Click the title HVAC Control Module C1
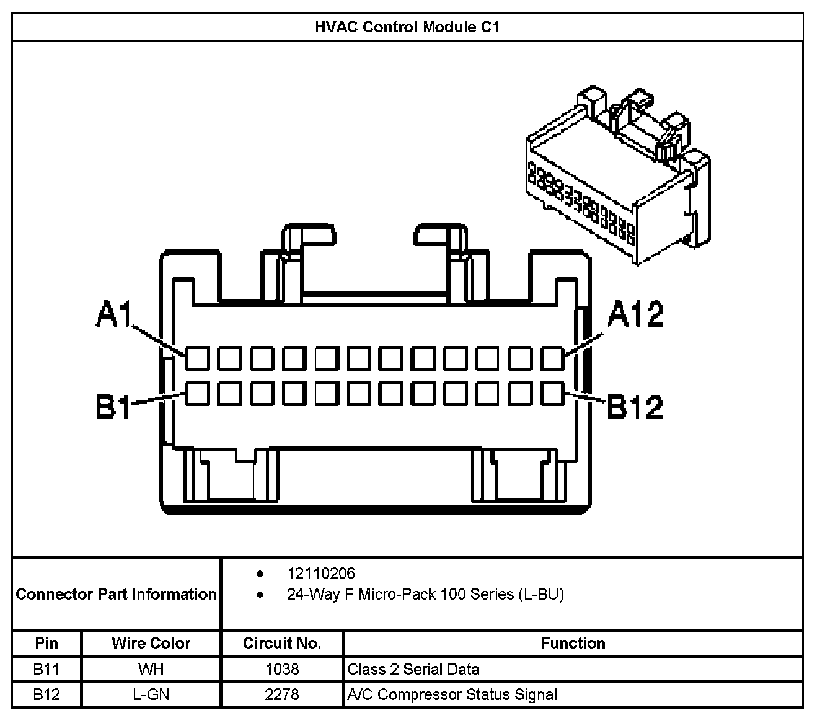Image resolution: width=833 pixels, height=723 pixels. click(x=407, y=27)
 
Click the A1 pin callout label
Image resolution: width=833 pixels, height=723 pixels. click(x=115, y=314)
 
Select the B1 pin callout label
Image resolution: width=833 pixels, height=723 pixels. click(x=114, y=407)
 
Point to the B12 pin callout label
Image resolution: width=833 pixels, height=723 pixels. click(x=635, y=407)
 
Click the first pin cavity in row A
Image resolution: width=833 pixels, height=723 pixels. click(x=198, y=359)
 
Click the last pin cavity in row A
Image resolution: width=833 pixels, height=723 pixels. click(x=553, y=359)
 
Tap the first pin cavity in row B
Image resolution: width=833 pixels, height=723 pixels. click(x=198, y=394)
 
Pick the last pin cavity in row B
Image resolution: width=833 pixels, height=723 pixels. click(x=553, y=394)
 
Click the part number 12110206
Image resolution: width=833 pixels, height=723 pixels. click(x=321, y=574)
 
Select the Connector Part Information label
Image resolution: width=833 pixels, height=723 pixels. click(x=117, y=594)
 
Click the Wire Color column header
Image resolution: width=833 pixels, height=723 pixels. click(x=151, y=643)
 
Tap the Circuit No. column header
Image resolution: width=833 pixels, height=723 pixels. click(x=282, y=643)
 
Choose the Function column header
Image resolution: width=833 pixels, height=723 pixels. click(x=573, y=643)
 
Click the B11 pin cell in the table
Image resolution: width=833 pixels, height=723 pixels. click(x=46, y=669)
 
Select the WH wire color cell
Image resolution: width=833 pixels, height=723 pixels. click(x=151, y=669)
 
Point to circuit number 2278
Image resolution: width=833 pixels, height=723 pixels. click(x=282, y=694)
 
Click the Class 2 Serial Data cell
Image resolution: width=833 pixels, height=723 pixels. click(x=413, y=669)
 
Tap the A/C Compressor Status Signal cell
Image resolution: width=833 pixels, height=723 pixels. click(x=452, y=694)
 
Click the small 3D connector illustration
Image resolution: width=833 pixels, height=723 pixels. click(x=617, y=177)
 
